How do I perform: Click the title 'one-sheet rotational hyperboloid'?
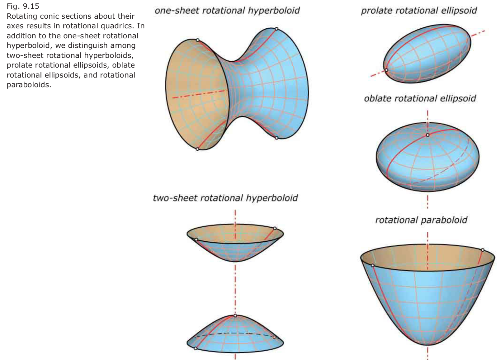(x=227, y=11)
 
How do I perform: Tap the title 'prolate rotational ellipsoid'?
(x=419, y=11)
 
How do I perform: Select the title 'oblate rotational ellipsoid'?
(x=420, y=98)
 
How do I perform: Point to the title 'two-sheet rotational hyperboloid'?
(x=225, y=198)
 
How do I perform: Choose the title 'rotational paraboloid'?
(x=421, y=220)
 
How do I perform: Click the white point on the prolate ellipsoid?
(x=387, y=70)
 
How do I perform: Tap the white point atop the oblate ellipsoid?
(x=427, y=135)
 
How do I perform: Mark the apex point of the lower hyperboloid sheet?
(x=235, y=316)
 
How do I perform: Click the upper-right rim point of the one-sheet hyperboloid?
(x=276, y=29)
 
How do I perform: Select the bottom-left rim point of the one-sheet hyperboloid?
(x=197, y=149)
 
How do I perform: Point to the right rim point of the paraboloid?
(x=483, y=250)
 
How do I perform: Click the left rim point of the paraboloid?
(x=373, y=265)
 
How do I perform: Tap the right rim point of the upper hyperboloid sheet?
(x=275, y=229)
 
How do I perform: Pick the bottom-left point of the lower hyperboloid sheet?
(x=196, y=348)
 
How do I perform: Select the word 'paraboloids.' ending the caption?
(x=29, y=85)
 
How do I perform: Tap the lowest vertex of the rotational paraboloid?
(x=428, y=344)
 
